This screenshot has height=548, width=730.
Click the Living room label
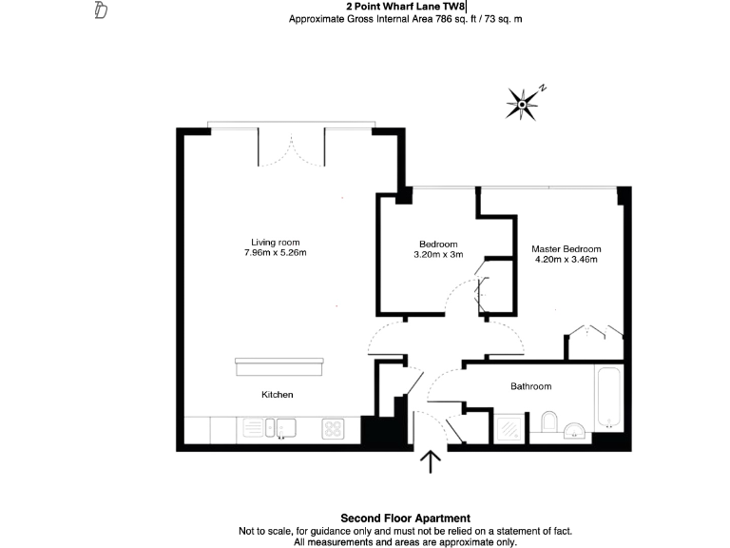click(x=275, y=242)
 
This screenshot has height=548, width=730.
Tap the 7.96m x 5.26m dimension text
click(x=275, y=253)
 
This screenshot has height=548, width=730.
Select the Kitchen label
click(x=278, y=394)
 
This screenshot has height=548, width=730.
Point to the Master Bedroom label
click(x=566, y=249)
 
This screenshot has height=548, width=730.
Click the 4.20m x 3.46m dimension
click(x=566, y=260)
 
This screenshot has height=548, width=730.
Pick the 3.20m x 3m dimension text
click(x=438, y=254)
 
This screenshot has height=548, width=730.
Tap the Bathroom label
click(x=530, y=386)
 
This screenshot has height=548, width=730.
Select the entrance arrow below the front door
click(x=431, y=461)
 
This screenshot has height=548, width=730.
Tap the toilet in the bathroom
click(x=548, y=423)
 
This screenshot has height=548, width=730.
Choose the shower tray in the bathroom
click(x=509, y=428)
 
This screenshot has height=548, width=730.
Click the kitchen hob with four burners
click(x=333, y=429)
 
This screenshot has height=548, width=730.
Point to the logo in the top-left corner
click(x=101, y=11)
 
